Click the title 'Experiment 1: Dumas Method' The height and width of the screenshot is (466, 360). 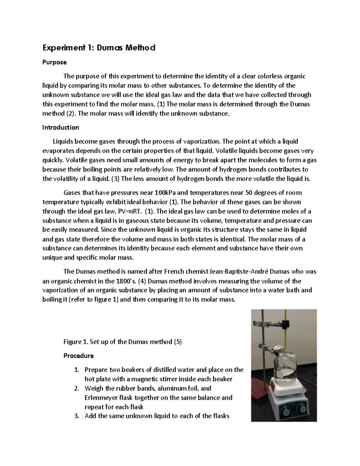point(99,48)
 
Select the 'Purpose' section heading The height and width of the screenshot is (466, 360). point(54,62)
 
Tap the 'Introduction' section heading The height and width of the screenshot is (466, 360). point(61,128)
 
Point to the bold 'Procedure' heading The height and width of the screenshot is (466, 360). point(79,356)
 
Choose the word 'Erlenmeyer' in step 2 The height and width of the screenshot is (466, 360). point(100,398)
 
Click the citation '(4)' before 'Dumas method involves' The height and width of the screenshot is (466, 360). point(142,281)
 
